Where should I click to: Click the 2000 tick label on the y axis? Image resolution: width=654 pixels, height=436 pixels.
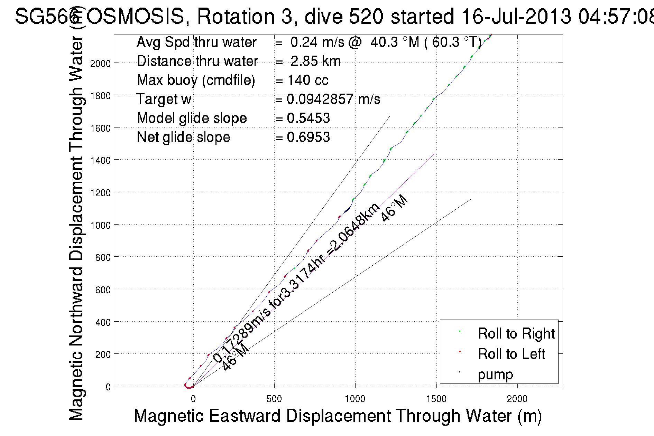pyautogui.click(x=100, y=64)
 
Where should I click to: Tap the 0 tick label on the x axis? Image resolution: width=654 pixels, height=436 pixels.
pyautogui.click(x=193, y=399)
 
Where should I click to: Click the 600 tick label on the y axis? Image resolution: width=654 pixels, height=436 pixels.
pyautogui.click(x=103, y=290)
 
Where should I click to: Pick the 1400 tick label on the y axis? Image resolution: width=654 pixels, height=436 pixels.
pyautogui.click(x=100, y=160)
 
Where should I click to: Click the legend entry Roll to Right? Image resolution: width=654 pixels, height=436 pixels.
pyautogui.click(x=516, y=333)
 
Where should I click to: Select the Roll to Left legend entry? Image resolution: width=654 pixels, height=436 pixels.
pyautogui.click(x=511, y=354)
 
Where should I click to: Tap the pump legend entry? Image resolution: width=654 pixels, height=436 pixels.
pyautogui.click(x=495, y=374)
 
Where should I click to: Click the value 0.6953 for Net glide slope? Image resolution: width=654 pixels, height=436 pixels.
pyautogui.click(x=308, y=137)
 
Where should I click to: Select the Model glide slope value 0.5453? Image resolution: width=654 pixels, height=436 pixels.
pyautogui.click(x=308, y=118)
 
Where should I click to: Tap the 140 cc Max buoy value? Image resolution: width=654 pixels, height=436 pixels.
pyautogui.click(x=308, y=80)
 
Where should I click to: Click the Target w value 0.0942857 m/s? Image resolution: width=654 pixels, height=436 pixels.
pyautogui.click(x=333, y=99)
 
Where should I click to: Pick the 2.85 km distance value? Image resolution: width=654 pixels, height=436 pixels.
pyautogui.click(x=315, y=61)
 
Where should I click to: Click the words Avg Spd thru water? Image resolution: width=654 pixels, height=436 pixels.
pyautogui.click(x=196, y=42)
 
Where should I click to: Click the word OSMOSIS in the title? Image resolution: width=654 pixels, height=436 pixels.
pyautogui.click(x=135, y=16)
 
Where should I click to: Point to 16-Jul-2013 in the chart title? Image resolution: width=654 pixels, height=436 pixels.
pyautogui.click(x=516, y=16)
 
